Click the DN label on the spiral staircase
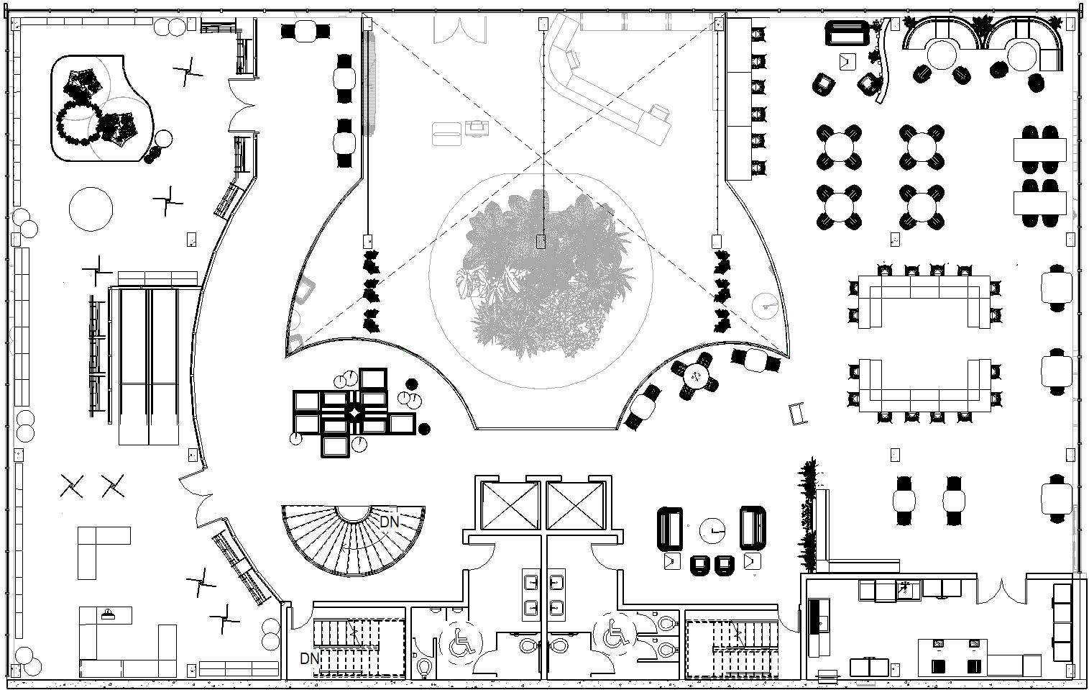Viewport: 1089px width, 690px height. click(389, 522)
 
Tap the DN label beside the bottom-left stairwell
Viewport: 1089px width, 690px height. click(309, 658)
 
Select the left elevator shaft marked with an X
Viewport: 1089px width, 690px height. click(510, 505)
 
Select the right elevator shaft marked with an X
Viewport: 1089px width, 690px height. click(575, 505)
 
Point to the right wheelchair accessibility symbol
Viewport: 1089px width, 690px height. click(615, 634)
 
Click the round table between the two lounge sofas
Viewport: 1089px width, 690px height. click(712, 531)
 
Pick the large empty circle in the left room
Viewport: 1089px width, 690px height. click(91, 209)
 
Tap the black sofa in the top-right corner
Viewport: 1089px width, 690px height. click(847, 34)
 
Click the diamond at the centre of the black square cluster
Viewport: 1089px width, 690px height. click(356, 413)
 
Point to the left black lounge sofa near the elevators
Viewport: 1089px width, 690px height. click(669, 530)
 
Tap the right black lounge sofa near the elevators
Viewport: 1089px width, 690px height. click(753, 527)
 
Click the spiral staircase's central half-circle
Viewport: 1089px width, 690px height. click(353, 513)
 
